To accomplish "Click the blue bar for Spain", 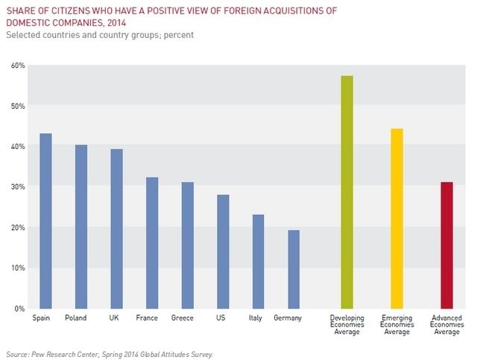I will click(45, 221).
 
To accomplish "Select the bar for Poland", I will click(80, 227).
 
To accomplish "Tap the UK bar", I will click(116, 228).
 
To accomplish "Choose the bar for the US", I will click(223, 251).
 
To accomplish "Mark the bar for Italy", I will click(258, 261).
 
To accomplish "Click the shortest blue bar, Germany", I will click(294, 269).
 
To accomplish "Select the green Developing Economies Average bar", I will click(347, 192).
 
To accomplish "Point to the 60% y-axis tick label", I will click(17, 66).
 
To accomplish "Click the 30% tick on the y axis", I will click(17, 187).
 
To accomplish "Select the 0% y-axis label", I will click(19, 308).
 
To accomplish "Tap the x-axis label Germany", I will click(288, 318).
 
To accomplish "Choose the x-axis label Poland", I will click(75, 318).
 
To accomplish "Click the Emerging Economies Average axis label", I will click(397, 325).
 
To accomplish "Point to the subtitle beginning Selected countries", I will click(104, 35).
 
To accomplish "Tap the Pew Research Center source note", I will click(109, 353).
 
